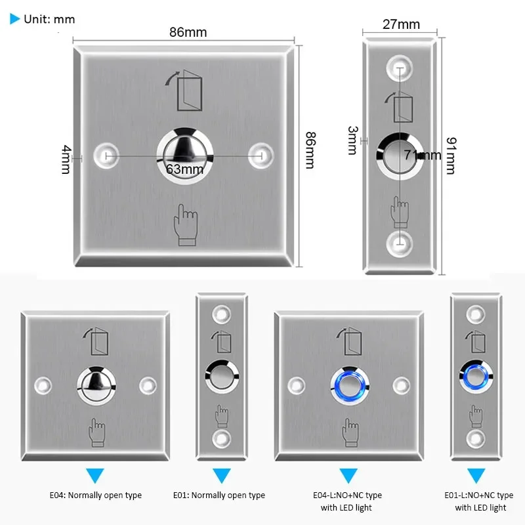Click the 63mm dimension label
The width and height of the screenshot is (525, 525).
tap(185, 169)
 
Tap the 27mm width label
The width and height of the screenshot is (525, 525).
tap(400, 24)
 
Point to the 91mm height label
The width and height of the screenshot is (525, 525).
tap(450, 155)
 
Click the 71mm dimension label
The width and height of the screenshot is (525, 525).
tap(423, 155)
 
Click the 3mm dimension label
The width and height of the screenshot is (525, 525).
tap(352, 140)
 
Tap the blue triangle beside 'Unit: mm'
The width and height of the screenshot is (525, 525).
tap(15, 19)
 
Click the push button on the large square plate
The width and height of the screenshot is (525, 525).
tap(185, 146)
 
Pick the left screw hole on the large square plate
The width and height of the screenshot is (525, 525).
tap(106, 156)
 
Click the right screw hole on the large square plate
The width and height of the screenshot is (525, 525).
tap(261, 155)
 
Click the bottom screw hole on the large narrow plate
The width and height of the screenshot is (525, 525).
tap(399, 243)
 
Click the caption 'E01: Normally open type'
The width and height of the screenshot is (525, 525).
tap(219, 495)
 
